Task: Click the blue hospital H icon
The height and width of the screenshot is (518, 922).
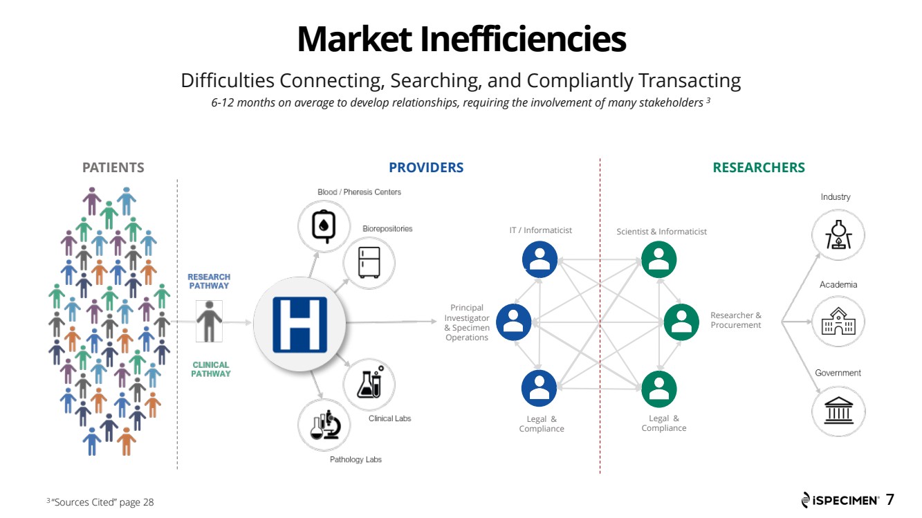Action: (x=299, y=324)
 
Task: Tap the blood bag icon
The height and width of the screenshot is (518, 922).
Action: (x=324, y=226)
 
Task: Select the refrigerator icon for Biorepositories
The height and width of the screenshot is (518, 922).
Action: (x=369, y=263)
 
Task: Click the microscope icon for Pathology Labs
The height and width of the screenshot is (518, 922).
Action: (x=325, y=425)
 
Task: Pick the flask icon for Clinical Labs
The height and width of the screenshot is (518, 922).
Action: (x=369, y=382)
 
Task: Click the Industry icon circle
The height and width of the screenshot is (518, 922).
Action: (x=838, y=235)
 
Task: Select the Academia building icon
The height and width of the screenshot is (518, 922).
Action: (x=838, y=322)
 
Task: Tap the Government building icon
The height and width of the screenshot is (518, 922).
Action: (x=838, y=411)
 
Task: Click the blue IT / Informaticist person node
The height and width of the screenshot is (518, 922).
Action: (x=540, y=259)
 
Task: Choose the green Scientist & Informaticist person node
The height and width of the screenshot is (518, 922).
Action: (x=658, y=259)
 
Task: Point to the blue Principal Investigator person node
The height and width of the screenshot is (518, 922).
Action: (x=513, y=322)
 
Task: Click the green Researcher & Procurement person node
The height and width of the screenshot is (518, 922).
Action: (x=681, y=322)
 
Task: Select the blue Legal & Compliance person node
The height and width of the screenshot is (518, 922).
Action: (x=539, y=389)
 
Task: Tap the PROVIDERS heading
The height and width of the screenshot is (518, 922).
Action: (x=426, y=167)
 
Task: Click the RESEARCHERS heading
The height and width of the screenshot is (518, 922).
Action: (x=759, y=167)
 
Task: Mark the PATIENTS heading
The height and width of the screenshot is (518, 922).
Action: (x=113, y=167)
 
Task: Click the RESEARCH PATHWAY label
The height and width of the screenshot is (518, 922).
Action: (x=209, y=281)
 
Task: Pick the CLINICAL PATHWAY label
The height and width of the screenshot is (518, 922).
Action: (x=211, y=369)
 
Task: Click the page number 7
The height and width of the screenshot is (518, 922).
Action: (x=890, y=499)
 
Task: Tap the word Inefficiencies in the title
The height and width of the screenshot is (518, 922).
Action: (x=523, y=39)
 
